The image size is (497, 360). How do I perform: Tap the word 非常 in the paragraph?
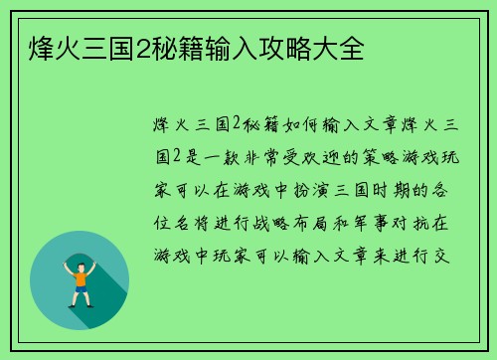pyautogui.click(x=285, y=156)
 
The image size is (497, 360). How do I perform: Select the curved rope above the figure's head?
pyautogui.click(x=80, y=250)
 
